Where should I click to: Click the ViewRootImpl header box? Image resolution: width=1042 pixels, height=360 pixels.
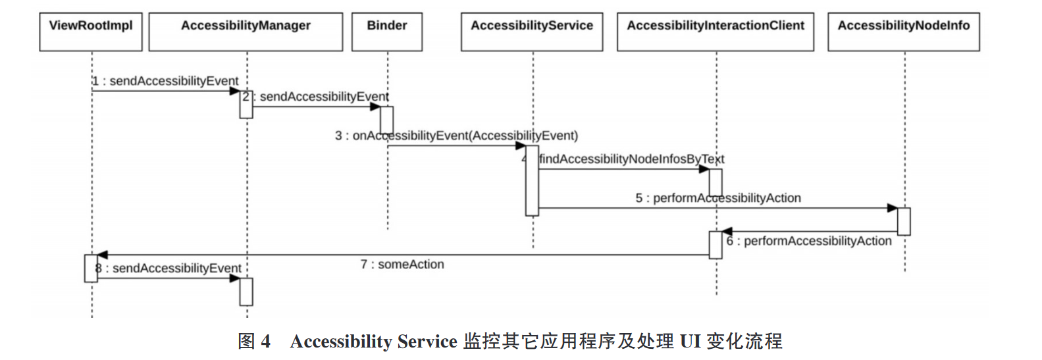(91, 32)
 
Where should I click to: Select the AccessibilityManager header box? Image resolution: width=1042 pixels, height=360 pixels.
(246, 32)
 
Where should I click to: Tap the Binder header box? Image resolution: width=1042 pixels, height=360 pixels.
(387, 32)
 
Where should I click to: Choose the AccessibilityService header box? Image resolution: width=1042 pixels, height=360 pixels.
(532, 32)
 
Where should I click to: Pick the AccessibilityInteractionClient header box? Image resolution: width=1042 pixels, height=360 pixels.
(716, 32)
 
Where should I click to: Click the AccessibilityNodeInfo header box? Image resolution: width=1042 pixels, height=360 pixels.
(904, 32)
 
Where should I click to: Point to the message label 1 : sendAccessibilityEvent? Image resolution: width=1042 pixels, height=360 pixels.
(165, 81)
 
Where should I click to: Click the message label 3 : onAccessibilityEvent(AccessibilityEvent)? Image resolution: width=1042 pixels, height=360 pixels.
(456, 136)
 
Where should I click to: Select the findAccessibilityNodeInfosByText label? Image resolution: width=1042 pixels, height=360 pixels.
(631, 159)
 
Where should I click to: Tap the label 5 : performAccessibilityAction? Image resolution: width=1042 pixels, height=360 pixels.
(718, 198)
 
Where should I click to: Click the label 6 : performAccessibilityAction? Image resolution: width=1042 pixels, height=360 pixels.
(809, 241)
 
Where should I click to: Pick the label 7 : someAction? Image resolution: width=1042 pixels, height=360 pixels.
(402, 265)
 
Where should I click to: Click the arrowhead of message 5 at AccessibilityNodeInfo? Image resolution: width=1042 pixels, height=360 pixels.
(893, 209)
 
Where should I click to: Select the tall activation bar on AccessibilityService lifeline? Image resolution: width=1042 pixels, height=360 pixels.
(532, 180)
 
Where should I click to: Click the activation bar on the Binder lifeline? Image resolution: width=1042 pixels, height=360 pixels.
(387, 120)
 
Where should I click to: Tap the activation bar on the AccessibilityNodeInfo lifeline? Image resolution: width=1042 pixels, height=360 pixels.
(904, 221)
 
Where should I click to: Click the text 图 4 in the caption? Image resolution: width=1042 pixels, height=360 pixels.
(254, 342)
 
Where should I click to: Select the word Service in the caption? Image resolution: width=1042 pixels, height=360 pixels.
(427, 342)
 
